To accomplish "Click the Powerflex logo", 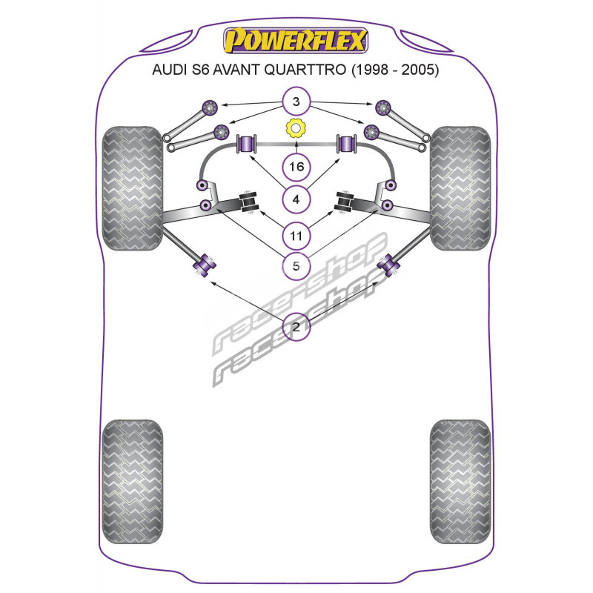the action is pyautogui.click(x=295, y=40).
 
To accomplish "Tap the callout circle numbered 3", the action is pyautogui.click(x=296, y=102).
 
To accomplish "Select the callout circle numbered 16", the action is pyautogui.click(x=296, y=166).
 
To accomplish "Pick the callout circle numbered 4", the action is pyautogui.click(x=296, y=199).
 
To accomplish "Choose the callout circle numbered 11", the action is pyautogui.click(x=296, y=236).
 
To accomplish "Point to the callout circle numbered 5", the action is pyautogui.click(x=296, y=266).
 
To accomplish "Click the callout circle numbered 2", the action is pyautogui.click(x=296, y=326).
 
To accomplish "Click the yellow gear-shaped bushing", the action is pyautogui.click(x=296, y=128).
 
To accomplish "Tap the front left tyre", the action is pyautogui.click(x=133, y=188).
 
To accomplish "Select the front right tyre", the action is pyautogui.click(x=460, y=188).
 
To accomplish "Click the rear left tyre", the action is pyautogui.click(x=133, y=481).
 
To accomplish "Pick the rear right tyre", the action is pyautogui.click(x=460, y=481).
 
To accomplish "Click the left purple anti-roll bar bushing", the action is pyautogui.click(x=247, y=144).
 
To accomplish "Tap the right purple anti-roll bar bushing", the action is pyautogui.click(x=346, y=144).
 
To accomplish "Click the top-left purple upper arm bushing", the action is pyautogui.click(x=209, y=107).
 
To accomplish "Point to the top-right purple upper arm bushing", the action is pyautogui.click(x=383, y=107).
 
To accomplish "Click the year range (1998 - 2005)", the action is pyautogui.click(x=395, y=70).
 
